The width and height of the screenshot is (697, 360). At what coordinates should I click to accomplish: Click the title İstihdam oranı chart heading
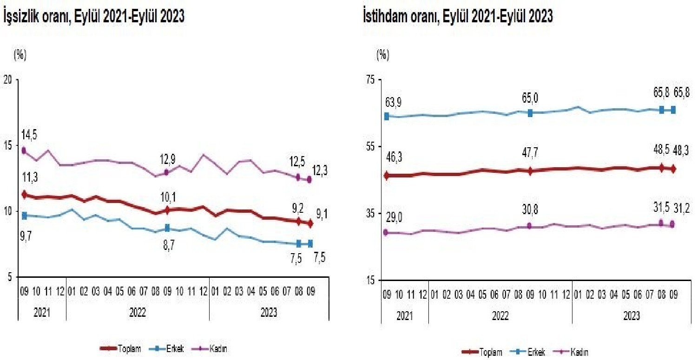[458, 17]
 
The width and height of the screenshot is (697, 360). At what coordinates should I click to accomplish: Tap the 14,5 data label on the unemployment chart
[28, 135]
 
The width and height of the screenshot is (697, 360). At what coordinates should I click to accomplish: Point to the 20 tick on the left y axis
[8, 79]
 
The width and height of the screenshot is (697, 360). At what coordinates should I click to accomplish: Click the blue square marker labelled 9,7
[24, 215]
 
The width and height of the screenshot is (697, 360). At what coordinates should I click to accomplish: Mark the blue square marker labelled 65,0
[530, 113]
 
